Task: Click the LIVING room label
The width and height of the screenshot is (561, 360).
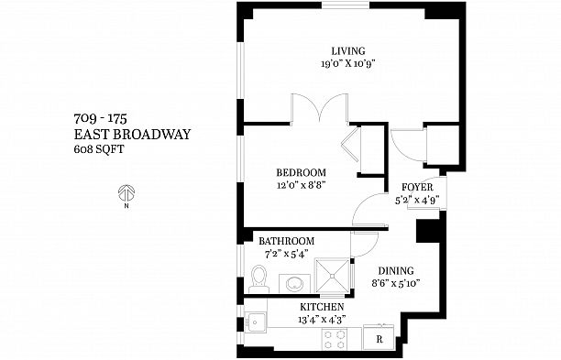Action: (x=348, y=50)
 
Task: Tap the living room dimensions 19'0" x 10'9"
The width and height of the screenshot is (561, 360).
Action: (x=348, y=64)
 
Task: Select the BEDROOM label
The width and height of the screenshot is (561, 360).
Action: (x=302, y=172)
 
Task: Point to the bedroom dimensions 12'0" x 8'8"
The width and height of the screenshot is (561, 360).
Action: (x=302, y=185)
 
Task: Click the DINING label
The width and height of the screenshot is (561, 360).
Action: (x=396, y=271)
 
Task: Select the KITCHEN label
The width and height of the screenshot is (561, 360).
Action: (x=322, y=307)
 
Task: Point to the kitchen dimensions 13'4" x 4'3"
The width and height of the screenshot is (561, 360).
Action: (x=322, y=319)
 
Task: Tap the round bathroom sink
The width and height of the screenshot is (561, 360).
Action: (x=292, y=282)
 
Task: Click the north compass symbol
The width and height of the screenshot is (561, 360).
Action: (x=127, y=194)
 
